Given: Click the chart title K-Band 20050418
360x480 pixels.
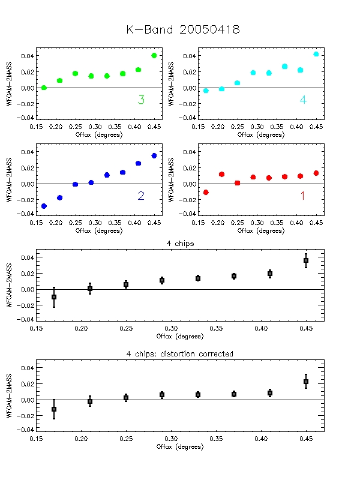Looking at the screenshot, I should (x=183, y=30).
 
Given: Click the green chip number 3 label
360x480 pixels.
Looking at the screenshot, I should (x=141, y=100).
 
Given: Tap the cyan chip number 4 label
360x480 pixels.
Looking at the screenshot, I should (x=303, y=100).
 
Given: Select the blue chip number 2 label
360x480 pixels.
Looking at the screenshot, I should (x=141, y=196).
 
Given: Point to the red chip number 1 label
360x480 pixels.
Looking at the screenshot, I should (x=302, y=196).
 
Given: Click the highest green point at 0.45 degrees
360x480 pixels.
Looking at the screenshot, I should (x=154, y=55).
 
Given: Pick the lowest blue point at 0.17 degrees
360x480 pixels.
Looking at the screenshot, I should (x=44, y=206).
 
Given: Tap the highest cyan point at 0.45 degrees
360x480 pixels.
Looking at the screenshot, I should (x=316, y=54).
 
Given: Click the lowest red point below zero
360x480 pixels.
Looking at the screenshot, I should (x=206, y=192).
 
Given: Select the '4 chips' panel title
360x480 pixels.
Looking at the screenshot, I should (x=181, y=243).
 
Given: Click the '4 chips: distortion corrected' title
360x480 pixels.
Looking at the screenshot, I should (x=180, y=354).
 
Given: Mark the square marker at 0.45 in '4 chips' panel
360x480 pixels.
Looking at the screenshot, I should (x=306, y=260).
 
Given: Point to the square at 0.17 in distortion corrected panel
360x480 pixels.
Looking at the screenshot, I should (x=54, y=409).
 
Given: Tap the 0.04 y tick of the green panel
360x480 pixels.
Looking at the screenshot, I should (x=28, y=56).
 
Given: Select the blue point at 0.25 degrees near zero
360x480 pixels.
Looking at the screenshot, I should (x=75, y=184).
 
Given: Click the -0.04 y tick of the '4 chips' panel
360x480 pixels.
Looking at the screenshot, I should (x=27, y=320).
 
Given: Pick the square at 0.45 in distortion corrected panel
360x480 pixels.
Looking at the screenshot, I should (x=306, y=382).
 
